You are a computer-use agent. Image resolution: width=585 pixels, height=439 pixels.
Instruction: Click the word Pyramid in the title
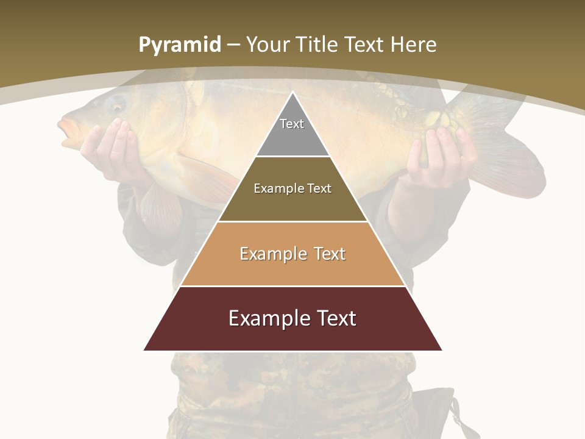(x=179, y=45)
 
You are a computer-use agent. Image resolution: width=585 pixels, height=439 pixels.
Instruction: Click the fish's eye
(x=116, y=104)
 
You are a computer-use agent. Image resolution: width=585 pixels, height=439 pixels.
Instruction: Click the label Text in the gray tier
(x=292, y=124)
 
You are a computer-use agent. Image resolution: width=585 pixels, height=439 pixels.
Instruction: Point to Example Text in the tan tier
(x=292, y=254)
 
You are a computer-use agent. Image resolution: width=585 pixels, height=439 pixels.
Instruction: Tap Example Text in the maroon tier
(x=292, y=318)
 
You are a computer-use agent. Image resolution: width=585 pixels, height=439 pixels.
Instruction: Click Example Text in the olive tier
(x=292, y=188)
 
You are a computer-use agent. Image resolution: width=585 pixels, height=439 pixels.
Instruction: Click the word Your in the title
(x=267, y=45)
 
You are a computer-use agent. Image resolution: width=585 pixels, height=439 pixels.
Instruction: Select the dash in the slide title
(x=233, y=45)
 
